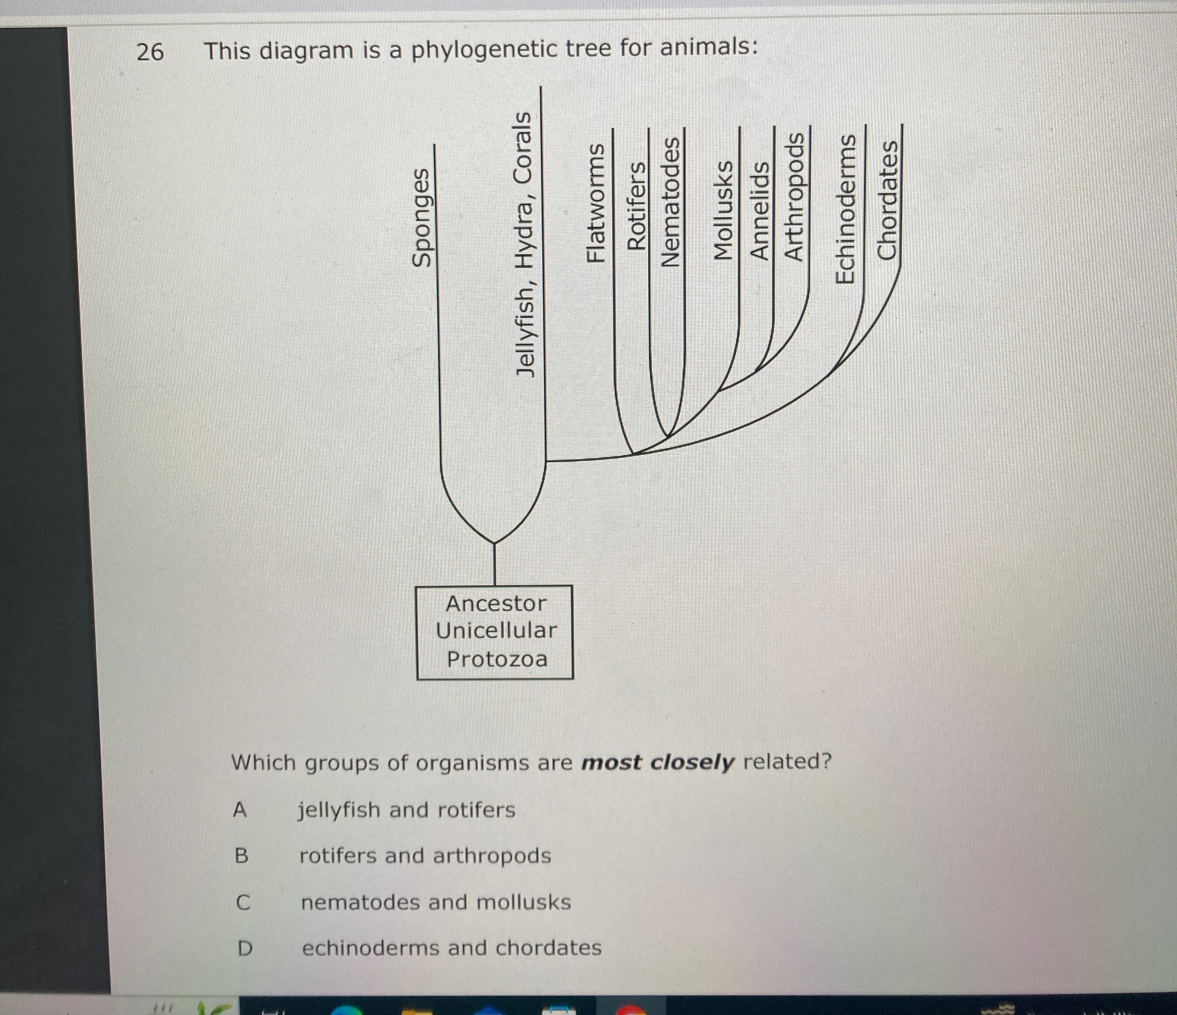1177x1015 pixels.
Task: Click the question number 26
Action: click(150, 52)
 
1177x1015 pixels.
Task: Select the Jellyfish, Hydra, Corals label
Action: click(524, 244)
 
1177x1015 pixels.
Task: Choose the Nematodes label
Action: click(672, 202)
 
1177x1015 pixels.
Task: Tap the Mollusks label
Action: click(724, 210)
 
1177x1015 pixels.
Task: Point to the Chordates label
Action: click(887, 200)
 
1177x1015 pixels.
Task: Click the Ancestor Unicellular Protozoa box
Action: click(495, 632)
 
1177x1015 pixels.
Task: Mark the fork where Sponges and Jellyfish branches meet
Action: click(494, 543)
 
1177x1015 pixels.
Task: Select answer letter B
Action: click(241, 855)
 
